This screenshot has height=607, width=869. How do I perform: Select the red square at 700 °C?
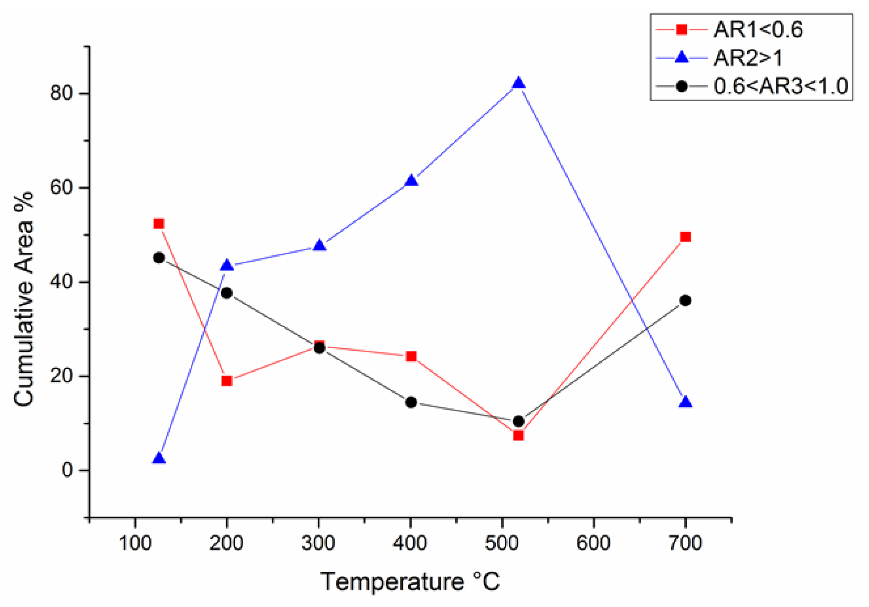coord(685,237)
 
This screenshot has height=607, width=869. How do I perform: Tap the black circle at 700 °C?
coord(685,301)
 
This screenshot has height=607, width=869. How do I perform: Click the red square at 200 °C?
coord(227,380)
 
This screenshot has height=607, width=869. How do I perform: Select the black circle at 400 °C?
coord(411,403)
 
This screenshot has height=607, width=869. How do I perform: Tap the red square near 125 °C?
coord(159,224)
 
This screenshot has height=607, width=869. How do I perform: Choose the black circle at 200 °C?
coord(227,293)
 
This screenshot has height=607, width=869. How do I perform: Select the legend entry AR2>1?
coord(748,58)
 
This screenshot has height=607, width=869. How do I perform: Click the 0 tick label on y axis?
coord(67,470)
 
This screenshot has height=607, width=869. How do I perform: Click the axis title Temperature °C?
coord(410,581)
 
